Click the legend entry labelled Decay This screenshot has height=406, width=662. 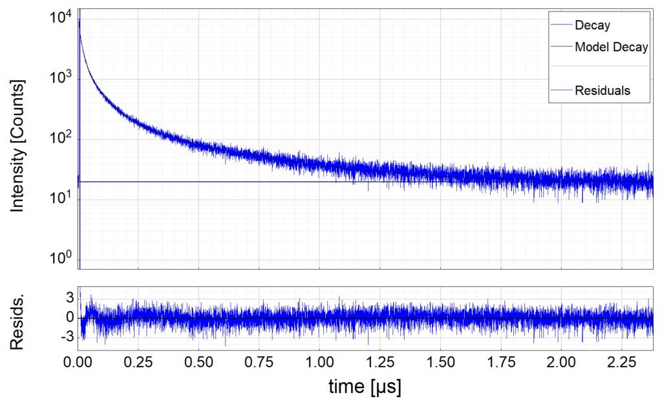point(592,26)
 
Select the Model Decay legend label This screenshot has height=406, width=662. point(611,47)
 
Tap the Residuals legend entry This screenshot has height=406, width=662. point(603,91)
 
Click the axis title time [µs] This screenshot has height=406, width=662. point(365,387)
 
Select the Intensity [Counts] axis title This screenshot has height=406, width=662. point(17,146)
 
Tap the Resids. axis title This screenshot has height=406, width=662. point(17,318)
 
